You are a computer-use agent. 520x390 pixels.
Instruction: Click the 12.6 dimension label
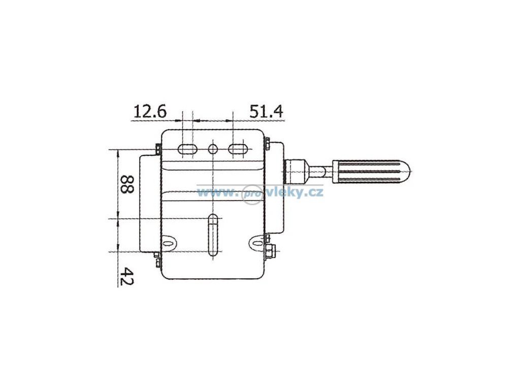pos(150,111)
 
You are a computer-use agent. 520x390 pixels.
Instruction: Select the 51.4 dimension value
pos(267,111)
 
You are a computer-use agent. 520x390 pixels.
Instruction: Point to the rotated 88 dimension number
pos(126,184)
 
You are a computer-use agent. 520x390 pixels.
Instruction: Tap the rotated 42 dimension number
pos(126,277)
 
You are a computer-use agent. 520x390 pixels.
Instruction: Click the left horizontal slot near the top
pos(187,149)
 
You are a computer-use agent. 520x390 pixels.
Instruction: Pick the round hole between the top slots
pos(213,149)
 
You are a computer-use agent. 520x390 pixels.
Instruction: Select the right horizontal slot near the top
pos(238,149)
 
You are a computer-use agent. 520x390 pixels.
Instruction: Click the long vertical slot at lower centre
pos(213,236)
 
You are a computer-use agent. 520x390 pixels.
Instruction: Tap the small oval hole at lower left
pos(169,243)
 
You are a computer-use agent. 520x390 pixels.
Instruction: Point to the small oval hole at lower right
pos(257,242)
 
